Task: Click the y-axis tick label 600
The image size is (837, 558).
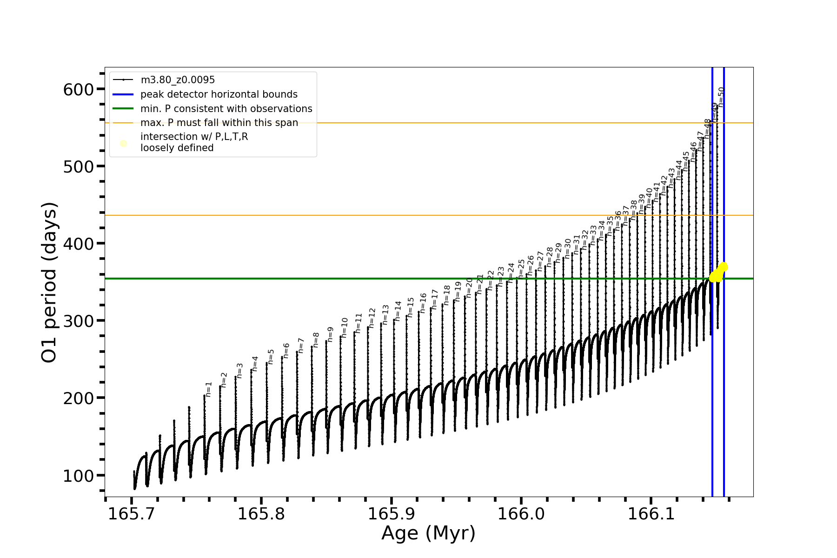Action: [x=78, y=89]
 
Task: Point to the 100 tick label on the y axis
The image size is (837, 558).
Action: [x=78, y=475]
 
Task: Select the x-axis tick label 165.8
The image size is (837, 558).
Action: [x=261, y=514]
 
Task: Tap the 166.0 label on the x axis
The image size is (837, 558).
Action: [x=521, y=514]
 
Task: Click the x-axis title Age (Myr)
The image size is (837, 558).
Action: [x=428, y=533]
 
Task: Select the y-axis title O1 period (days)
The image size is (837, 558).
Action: [x=49, y=282]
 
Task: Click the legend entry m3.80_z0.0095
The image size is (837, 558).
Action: [x=178, y=80]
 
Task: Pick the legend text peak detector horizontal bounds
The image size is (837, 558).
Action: [x=219, y=94]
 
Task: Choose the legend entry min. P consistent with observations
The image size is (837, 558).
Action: [x=226, y=109]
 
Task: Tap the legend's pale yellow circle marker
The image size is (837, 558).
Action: [x=123, y=143]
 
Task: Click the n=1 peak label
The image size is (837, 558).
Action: [x=209, y=389]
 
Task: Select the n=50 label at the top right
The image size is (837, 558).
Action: [x=721, y=97]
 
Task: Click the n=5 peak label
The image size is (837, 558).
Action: [x=271, y=357]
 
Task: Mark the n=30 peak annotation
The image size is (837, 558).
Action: [x=568, y=249]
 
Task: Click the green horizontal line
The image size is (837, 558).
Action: [x=372, y=279]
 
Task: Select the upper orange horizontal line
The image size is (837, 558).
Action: [x=418, y=123]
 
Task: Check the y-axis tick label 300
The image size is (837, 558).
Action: [x=78, y=321]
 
